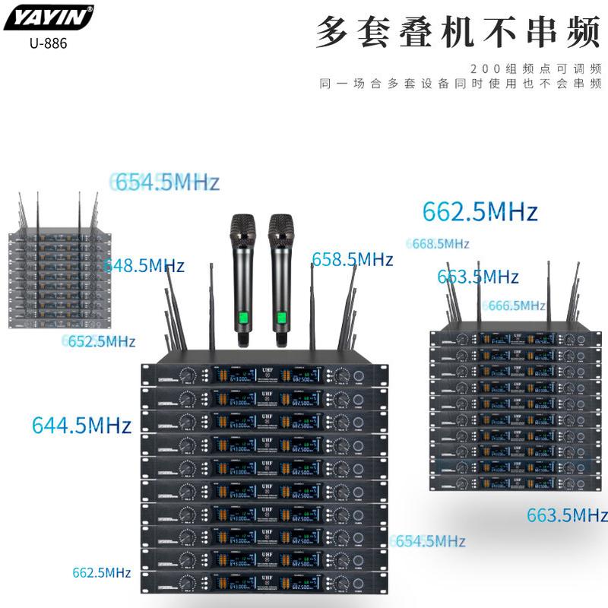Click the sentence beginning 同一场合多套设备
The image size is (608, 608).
(x=461, y=83)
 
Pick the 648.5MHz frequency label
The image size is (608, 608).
(x=144, y=265)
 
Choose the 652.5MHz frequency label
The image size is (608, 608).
(x=99, y=341)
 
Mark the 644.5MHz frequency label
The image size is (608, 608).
(x=81, y=424)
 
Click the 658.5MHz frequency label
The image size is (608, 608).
(x=353, y=259)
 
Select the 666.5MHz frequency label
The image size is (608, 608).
(x=517, y=305)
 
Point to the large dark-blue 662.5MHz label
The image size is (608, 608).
(x=480, y=211)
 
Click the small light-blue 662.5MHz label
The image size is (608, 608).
(x=102, y=572)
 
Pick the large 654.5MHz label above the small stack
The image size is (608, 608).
(x=166, y=182)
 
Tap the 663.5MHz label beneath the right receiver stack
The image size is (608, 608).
(x=567, y=515)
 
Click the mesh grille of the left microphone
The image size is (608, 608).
(x=243, y=229)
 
